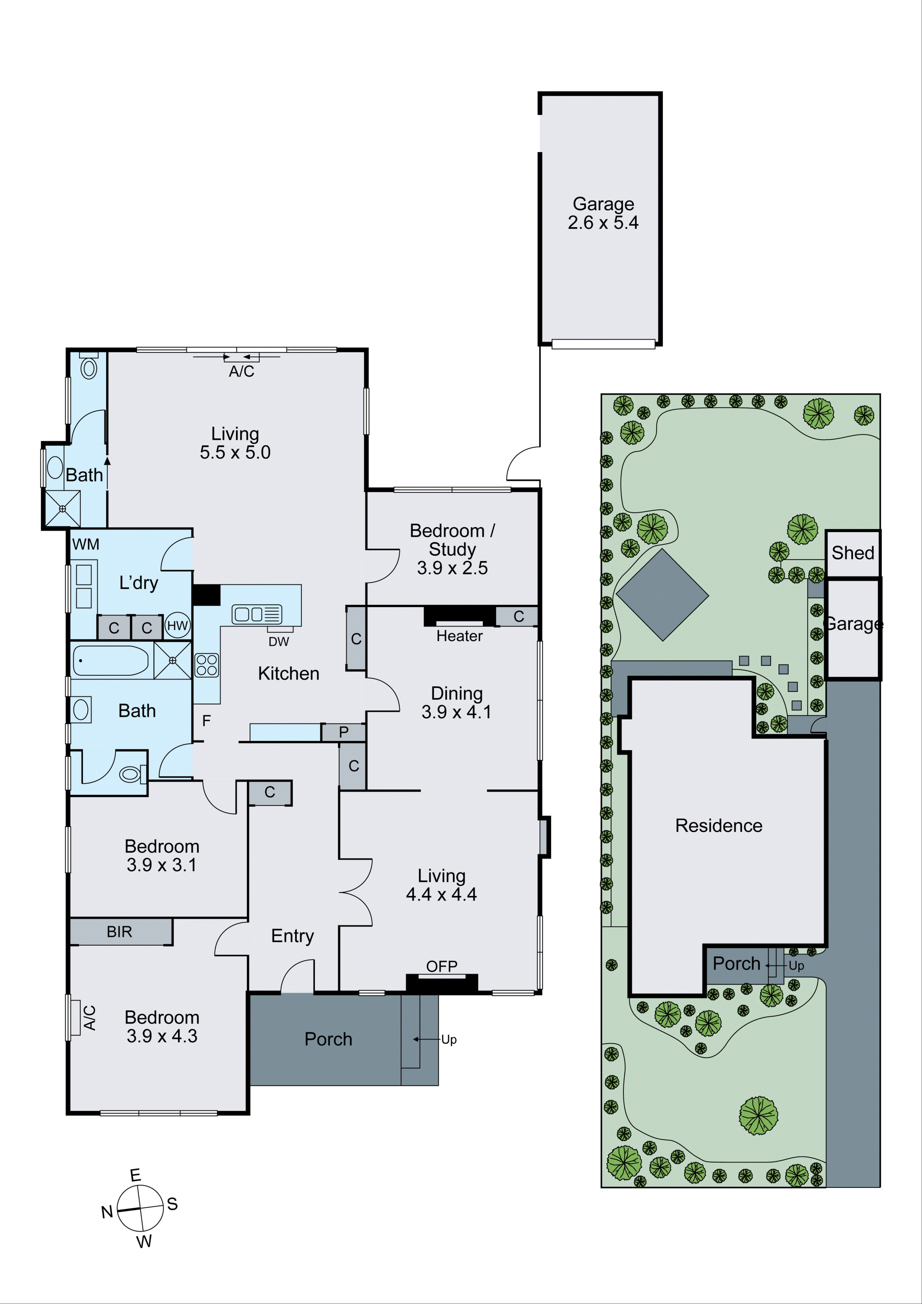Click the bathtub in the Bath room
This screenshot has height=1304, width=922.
pos(111,661)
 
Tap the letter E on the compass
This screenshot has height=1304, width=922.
pos(135,1175)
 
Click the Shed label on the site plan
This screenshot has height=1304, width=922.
pos(853,553)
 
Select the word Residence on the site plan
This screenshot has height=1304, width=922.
pos(719,825)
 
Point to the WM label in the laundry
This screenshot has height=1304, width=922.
pos(86,544)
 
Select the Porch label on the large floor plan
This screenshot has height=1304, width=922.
pos(328,1039)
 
